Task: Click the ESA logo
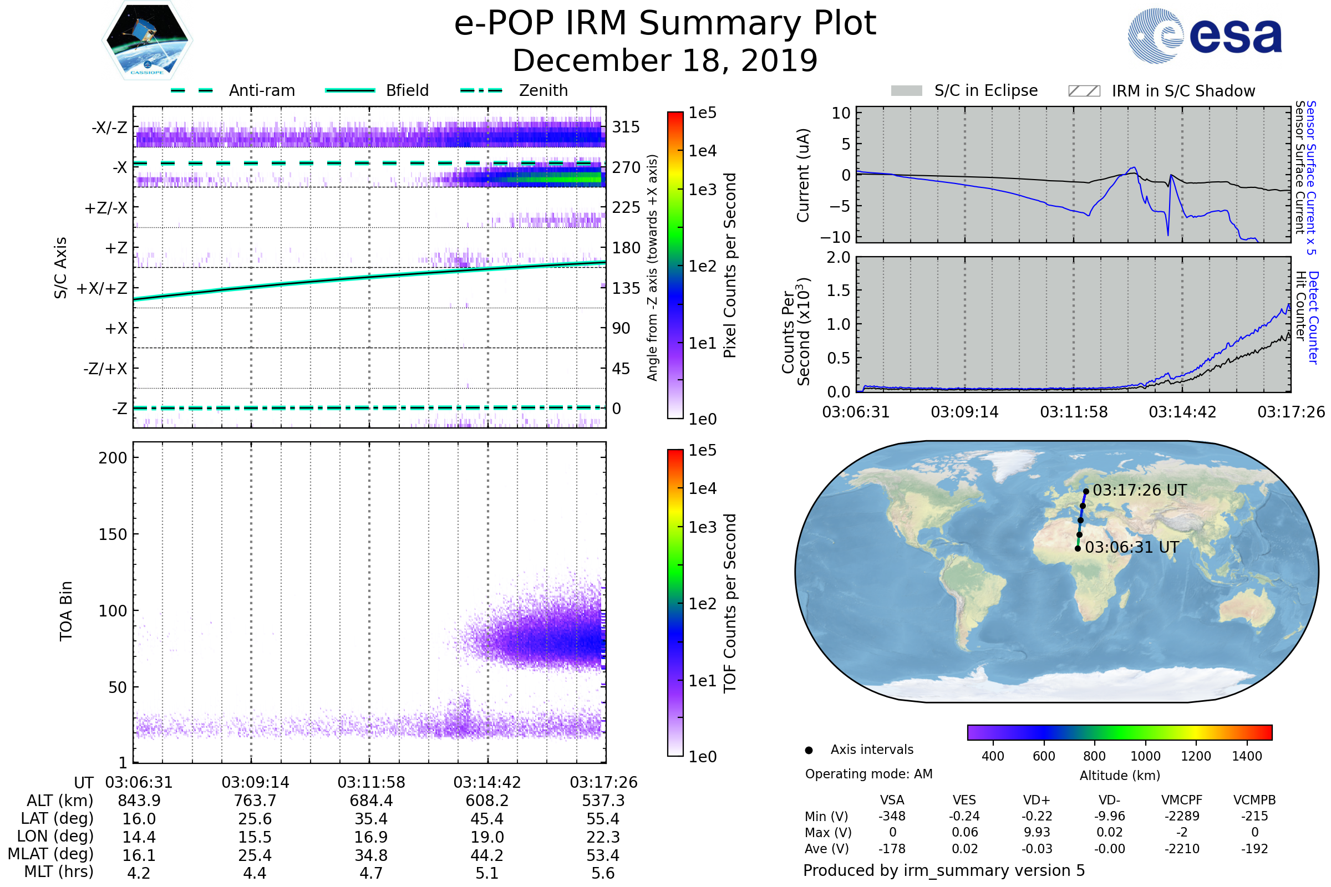[x=1204, y=35]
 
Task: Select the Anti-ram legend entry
[x=233, y=90]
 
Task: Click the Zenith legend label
[x=543, y=90]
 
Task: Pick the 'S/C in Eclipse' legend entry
[x=964, y=90]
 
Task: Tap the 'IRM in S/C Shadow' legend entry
[x=1161, y=91]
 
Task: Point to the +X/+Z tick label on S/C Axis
[x=102, y=288]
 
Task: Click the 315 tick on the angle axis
[x=626, y=127]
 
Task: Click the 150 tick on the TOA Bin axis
[x=113, y=534]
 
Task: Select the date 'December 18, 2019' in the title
[x=665, y=60]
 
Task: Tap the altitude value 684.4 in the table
[x=371, y=801]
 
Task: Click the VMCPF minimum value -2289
[x=1182, y=816]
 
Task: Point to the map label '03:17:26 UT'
[x=1139, y=491]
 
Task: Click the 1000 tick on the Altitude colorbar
[x=1145, y=756]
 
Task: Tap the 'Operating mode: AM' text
[x=868, y=774]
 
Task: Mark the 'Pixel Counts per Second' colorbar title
[x=730, y=266]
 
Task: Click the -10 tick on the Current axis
[x=836, y=237]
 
